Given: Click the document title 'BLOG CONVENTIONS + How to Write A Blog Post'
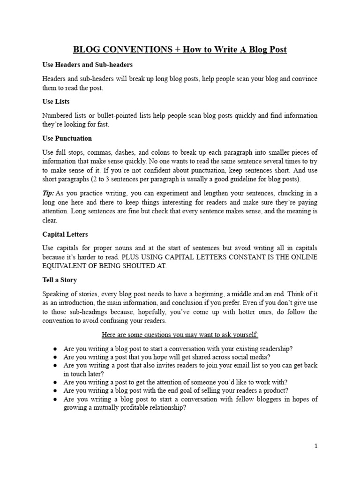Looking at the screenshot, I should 180,50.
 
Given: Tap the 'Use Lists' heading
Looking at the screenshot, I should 56,101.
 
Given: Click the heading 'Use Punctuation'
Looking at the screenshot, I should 67,138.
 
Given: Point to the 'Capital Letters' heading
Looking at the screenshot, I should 65,234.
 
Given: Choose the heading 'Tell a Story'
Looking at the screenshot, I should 60,280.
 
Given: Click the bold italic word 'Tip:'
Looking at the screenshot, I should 49,193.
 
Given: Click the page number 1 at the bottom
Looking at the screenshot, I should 316,446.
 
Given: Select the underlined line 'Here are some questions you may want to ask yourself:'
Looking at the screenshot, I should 180,335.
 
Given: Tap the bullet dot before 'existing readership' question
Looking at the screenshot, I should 55,349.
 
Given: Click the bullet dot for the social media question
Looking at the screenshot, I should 55,357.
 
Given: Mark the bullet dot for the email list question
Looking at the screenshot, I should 55,365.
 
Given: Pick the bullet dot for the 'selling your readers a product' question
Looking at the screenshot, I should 55,390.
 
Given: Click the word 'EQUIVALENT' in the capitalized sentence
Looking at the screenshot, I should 64,266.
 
